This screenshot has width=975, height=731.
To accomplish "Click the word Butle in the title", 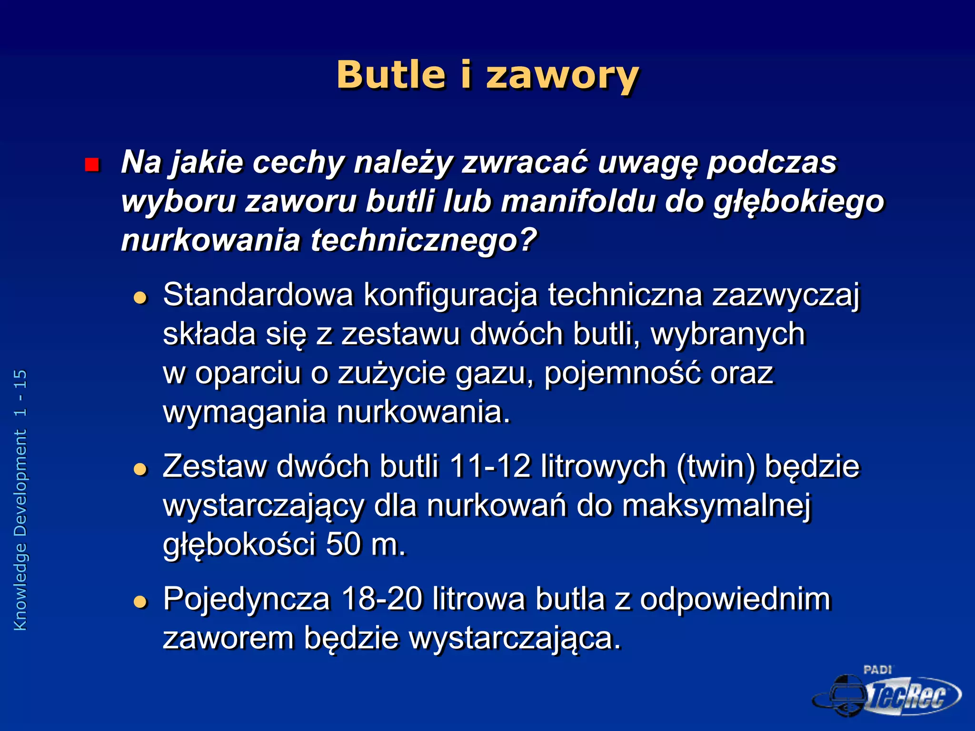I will [x=391, y=75].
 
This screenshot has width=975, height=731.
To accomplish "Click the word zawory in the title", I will [x=562, y=76].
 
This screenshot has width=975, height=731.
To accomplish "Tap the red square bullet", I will [x=91, y=165].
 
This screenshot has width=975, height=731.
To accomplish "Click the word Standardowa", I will [x=258, y=295].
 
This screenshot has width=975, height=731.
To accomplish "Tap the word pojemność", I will [x=622, y=374].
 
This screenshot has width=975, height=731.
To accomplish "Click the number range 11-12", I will [x=489, y=466].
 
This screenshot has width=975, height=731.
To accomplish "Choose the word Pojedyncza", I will [x=246, y=600].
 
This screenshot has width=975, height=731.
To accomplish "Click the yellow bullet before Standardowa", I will [x=140, y=298].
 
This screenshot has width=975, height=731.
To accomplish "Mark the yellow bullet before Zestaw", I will [x=140, y=470].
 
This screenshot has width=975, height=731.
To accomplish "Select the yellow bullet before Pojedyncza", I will [x=140, y=602].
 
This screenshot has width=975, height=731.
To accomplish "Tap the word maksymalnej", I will [x=716, y=505].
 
